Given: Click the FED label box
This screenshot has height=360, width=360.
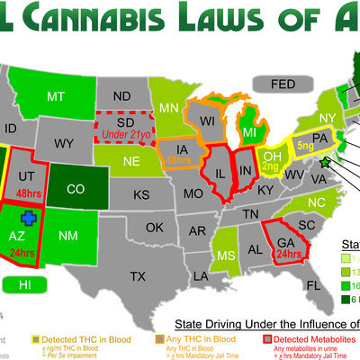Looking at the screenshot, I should (x=283, y=85).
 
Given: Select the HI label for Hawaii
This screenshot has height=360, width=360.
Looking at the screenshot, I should (x=24, y=284).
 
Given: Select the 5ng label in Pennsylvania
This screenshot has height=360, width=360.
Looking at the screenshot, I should (x=304, y=143).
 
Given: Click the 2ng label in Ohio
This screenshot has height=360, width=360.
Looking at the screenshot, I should (x=269, y=166).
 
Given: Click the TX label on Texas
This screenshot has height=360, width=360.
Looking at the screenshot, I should (x=138, y=275).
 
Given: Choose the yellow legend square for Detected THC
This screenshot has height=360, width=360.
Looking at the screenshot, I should (x=36, y=338).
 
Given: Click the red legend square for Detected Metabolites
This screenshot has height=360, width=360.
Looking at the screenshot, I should (x=267, y=338).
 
